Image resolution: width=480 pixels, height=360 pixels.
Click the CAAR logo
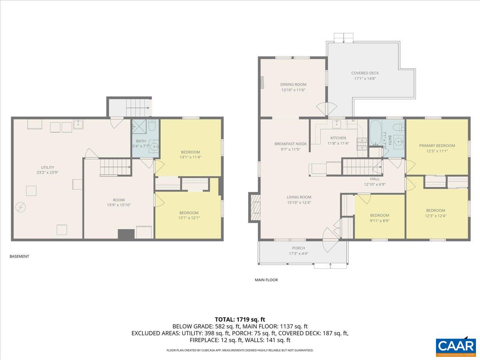point(456,346)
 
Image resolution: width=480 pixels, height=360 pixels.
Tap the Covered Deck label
point(365,73)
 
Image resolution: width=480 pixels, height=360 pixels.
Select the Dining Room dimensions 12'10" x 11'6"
point(293,90)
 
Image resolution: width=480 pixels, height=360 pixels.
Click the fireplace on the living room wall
point(254,207)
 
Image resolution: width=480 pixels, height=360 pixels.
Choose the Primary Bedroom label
point(437,146)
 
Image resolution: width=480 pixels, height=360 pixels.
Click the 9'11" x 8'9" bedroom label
point(379,218)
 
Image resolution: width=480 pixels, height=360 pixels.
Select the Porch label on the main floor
point(298,248)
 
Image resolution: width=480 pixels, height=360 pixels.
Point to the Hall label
point(374,179)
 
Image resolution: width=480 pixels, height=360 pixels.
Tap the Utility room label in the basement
point(47,168)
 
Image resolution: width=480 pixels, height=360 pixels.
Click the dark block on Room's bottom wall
point(126,234)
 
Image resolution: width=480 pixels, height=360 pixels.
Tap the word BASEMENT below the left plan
point(19,256)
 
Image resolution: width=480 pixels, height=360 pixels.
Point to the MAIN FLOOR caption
point(266,280)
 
